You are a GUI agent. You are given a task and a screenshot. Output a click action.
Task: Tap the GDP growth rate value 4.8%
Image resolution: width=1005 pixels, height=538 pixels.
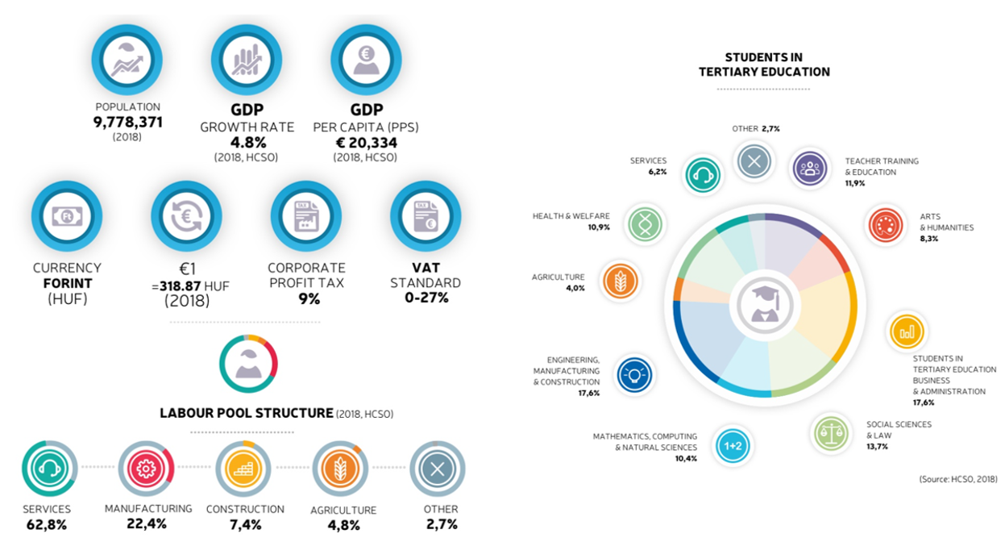coord(246,143)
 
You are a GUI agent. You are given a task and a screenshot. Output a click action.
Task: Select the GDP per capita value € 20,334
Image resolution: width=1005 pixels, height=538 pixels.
coord(365,143)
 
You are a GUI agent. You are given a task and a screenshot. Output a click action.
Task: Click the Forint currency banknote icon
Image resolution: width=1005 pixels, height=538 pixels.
coord(66,216)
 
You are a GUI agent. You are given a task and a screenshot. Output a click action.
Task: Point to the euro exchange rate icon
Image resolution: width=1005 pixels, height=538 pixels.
coord(186,216)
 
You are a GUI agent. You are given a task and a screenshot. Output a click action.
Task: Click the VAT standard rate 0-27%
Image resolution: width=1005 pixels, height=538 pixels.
coord(426,298)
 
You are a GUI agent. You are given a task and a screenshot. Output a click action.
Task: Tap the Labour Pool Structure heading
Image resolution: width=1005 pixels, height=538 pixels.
coord(247,413)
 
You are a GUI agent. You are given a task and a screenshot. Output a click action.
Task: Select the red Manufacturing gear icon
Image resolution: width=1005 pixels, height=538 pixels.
coord(146,468)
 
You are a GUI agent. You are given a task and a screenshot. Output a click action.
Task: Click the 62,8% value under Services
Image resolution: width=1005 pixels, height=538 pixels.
coord(46,525)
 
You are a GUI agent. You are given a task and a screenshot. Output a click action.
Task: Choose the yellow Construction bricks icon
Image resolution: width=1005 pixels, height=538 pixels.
coord(243,468)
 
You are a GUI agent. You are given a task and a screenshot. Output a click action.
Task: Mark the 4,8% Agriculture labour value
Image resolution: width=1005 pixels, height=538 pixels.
coord(343,525)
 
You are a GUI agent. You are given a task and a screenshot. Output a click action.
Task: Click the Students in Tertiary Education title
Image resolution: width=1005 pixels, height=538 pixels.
coord(764,65)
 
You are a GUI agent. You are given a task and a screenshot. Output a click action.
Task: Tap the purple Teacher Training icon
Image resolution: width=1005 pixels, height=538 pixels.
coord(810,167)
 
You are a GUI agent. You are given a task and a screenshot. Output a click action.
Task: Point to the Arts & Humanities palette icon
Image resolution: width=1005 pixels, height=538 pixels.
coord(884,225)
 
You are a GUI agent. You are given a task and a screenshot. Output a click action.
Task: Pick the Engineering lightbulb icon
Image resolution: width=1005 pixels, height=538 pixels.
coord(634,374)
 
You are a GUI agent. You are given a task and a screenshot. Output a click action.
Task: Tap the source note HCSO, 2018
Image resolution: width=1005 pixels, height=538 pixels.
coord(958,479)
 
